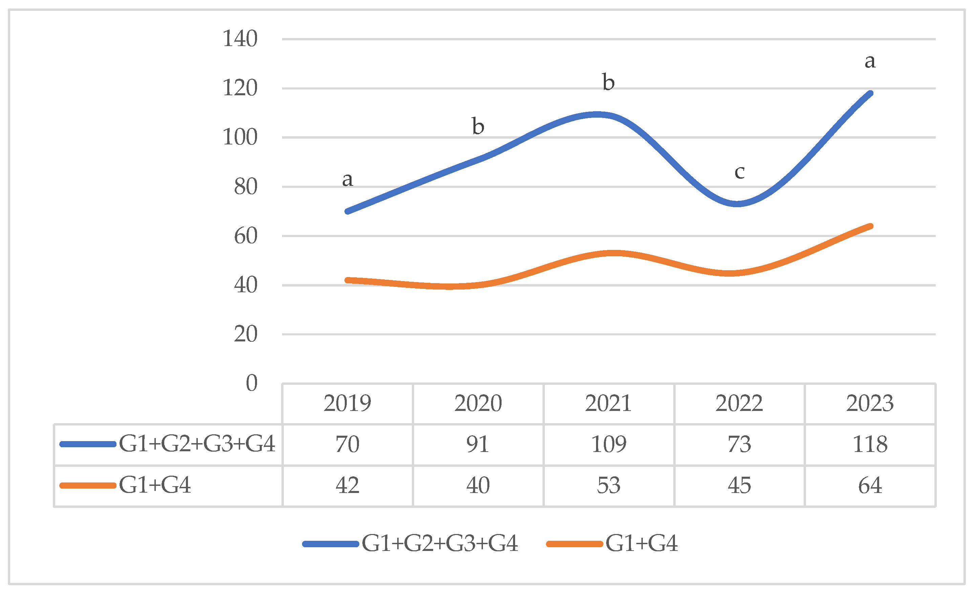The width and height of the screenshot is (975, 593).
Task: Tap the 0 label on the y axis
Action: (x=251, y=383)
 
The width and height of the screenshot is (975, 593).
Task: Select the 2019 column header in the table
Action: (x=347, y=403)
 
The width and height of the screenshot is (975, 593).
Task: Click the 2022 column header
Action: (x=739, y=403)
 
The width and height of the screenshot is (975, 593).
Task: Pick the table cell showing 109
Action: (x=609, y=444)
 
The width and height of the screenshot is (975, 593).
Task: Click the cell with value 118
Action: (x=870, y=444)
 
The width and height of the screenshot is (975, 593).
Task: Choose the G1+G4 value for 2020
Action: (x=478, y=485)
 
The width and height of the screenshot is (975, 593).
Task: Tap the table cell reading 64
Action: (x=870, y=485)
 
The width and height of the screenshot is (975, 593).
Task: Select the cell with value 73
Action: (x=739, y=444)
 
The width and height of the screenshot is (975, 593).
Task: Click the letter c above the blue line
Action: (x=739, y=172)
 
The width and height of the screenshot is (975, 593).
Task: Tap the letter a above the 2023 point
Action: (x=870, y=61)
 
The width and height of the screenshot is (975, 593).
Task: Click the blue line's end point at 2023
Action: (x=870, y=94)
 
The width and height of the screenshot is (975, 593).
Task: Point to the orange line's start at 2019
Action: (x=347, y=280)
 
